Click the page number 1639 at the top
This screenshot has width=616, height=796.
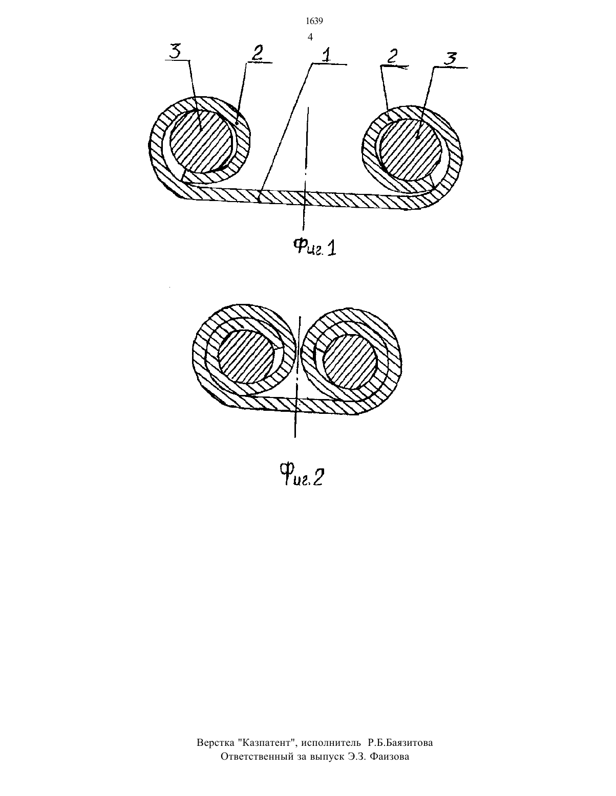click(x=314, y=21)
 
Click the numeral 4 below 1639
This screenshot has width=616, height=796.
click(x=310, y=37)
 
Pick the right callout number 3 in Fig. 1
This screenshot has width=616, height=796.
click(x=450, y=59)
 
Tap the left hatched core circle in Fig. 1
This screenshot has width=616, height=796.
click(x=201, y=141)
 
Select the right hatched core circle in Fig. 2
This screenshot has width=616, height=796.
click(x=350, y=361)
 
